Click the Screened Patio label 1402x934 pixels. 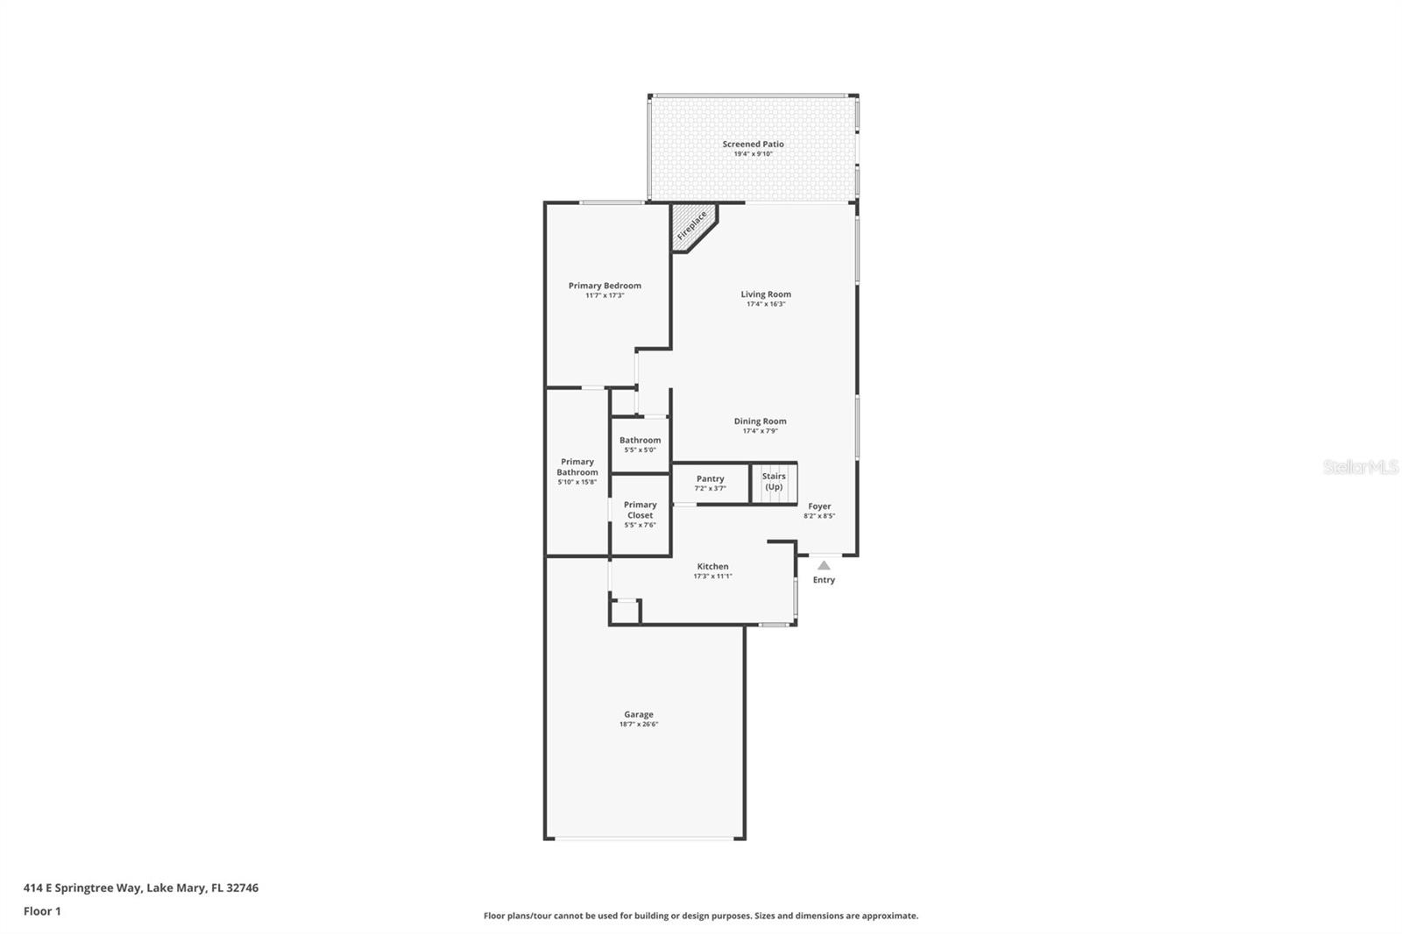[x=753, y=144]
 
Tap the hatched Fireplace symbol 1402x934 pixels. [x=692, y=225]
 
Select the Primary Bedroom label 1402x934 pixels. [x=605, y=286]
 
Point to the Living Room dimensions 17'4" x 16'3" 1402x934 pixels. [x=766, y=304]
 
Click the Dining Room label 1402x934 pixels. [x=760, y=421]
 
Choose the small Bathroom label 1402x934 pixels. [x=640, y=441]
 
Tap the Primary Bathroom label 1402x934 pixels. [x=577, y=467]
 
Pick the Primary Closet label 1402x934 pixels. [x=640, y=510]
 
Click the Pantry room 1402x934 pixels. [x=711, y=483]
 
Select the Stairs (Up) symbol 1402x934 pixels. [x=774, y=483]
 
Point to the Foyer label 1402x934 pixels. [x=819, y=506]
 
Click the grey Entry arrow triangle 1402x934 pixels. [x=824, y=566]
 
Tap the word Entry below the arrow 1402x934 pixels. [x=824, y=580]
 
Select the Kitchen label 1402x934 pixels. [x=712, y=567]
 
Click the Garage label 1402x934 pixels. [x=639, y=715]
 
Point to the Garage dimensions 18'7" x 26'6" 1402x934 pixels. [x=639, y=725]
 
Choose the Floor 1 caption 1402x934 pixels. [x=42, y=911]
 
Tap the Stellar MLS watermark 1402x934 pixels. [x=1361, y=467]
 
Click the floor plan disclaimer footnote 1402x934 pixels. [x=701, y=916]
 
